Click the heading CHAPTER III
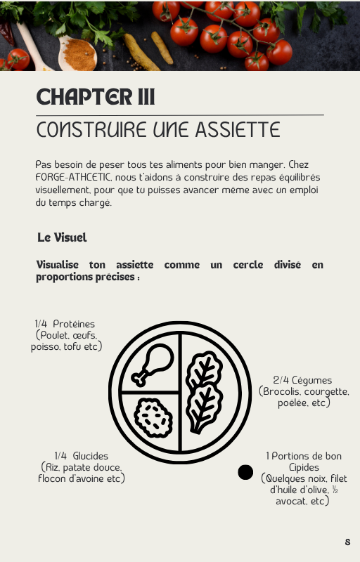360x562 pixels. (96, 96)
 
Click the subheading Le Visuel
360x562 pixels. (62, 237)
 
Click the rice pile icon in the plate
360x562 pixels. (153, 418)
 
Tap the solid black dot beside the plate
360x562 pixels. (245, 472)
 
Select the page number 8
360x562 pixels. (347, 542)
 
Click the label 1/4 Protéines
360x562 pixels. (65, 324)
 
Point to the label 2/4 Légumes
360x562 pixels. (302, 380)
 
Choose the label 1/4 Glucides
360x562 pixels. (82, 456)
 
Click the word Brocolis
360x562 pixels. (281, 391)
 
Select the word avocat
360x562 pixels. (290, 501)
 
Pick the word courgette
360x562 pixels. (326, 391)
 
